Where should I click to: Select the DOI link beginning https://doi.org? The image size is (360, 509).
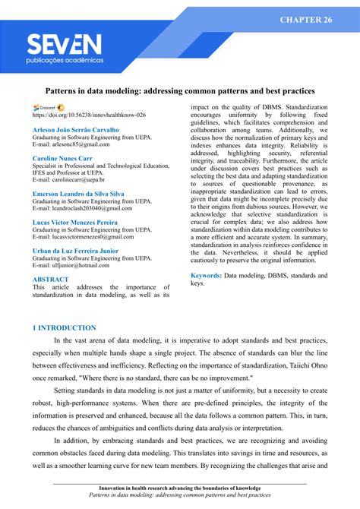(89, 115)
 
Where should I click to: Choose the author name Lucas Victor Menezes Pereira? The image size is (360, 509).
(74, 222)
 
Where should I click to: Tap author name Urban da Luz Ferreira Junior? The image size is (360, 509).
(74, 250)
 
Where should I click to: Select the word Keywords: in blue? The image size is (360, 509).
(206, 276)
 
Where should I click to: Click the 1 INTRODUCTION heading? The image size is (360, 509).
(64, 327)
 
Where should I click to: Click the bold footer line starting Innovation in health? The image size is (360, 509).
(180, 488)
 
